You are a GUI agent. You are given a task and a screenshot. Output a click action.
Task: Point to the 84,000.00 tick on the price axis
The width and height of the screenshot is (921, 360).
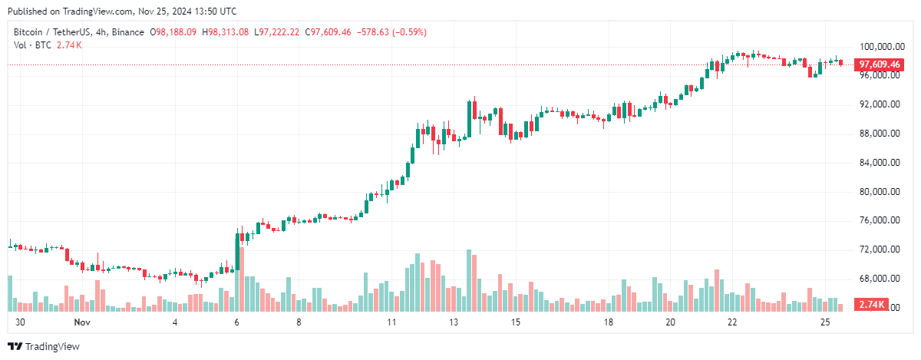tap(879, 163)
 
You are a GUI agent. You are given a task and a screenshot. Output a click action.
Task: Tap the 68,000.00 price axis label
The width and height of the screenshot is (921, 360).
tap(879, 279)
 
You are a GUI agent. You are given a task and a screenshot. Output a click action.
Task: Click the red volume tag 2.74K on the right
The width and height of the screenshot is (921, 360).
tap(872, 306)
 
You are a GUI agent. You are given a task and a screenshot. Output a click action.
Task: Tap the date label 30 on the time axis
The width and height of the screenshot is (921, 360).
tap(20, 322)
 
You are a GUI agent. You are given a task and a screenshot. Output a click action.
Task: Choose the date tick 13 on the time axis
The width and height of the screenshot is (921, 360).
tap(454, 322)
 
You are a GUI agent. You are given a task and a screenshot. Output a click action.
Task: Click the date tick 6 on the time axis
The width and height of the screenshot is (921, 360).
tap(237, 322)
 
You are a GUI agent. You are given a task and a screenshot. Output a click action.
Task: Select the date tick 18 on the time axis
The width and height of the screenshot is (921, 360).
tap(608, 322)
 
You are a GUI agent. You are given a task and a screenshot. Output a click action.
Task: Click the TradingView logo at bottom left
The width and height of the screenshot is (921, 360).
tap(43, 347)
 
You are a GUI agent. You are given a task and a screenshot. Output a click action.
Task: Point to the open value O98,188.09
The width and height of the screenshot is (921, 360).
tap(174, 32)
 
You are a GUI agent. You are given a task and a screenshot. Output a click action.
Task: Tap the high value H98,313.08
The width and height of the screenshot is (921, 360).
tap(226, 32)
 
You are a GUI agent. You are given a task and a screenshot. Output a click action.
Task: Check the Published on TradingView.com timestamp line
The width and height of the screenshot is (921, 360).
tap(122, 12)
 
